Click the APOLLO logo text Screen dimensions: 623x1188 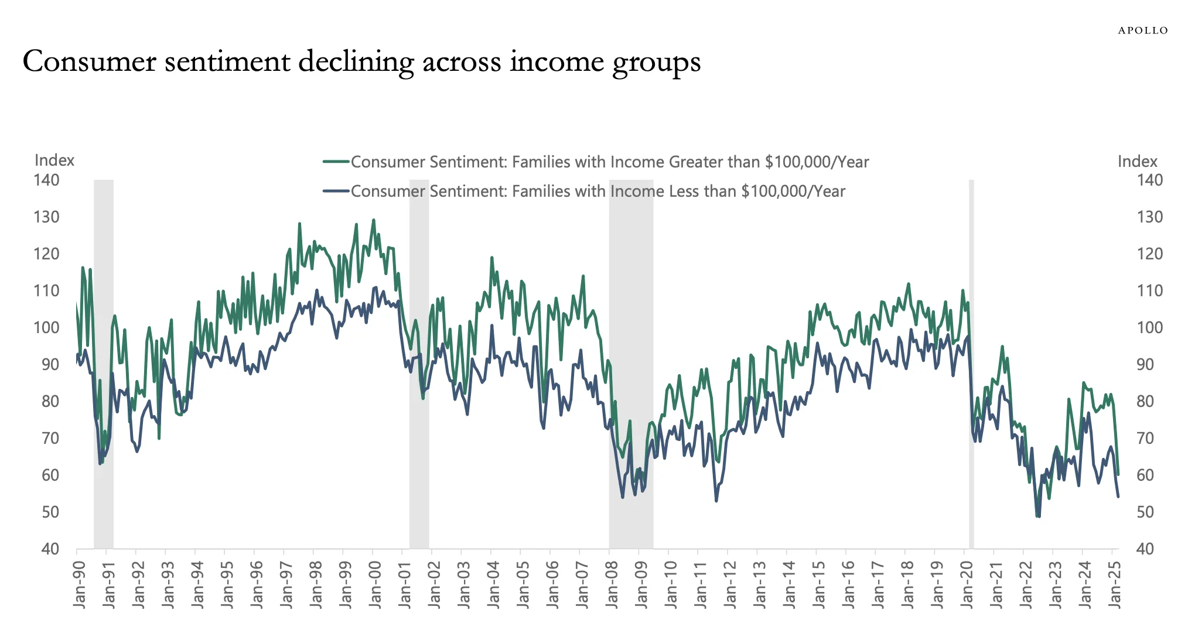point(1142,30)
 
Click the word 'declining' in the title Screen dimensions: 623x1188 point(355,62)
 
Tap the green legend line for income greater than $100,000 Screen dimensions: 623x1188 point(336,162)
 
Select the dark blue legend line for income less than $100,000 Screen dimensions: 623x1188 point(336,191)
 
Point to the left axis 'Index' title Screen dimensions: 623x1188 point(54,160)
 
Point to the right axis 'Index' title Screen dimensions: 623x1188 point(1137,162)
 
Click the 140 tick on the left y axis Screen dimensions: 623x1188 point(47,180)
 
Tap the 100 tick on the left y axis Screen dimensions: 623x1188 point(47,328)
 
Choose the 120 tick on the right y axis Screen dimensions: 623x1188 point(1149,254)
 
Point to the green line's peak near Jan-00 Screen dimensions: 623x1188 point(373,221)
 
